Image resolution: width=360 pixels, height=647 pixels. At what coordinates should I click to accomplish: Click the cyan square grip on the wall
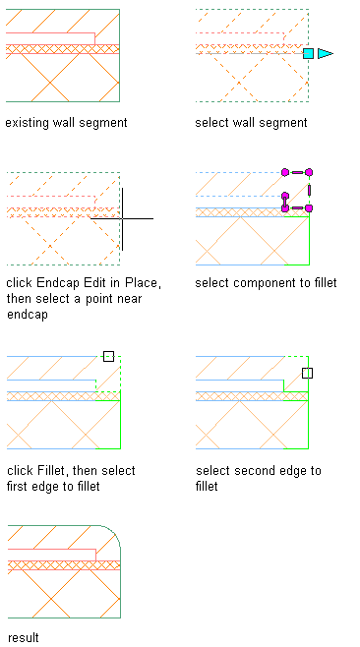click(308, 53)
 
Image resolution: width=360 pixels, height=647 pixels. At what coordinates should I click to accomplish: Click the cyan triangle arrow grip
click(325, 53)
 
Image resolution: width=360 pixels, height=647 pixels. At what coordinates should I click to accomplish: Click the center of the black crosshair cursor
click(122, 218)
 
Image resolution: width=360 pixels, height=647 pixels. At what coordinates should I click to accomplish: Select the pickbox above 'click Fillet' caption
click(108, 357)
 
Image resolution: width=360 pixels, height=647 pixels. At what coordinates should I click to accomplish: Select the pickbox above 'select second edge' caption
click(308, 373)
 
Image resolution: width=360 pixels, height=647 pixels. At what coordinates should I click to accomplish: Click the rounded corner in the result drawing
click(113, 533)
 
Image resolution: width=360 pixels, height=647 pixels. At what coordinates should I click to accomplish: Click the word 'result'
click(24, 637)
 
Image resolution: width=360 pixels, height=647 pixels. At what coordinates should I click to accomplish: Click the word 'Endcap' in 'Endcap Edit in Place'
click(59, 283)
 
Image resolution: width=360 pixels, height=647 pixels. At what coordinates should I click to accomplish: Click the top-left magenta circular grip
click(285, 172)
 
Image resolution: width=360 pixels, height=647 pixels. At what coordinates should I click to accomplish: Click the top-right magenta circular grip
click(309, 172)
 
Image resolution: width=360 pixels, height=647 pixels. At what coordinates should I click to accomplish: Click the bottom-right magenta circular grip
click(309, 208)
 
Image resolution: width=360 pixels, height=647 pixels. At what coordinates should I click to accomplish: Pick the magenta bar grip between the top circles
click(297, 172)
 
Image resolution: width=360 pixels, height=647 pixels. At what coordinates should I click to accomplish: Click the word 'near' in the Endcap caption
click(128, 299)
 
